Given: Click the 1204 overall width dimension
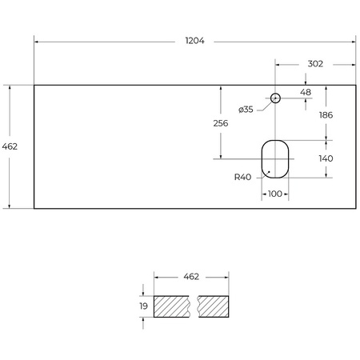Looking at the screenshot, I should click(194, 41).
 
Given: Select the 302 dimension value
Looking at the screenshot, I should click(315, 64).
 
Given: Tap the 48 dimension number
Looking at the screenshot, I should click(305, 92).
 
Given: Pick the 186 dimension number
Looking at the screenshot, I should click(326, 115).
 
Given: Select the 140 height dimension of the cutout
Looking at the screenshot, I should click(326, 158).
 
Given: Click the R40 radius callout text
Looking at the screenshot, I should click(243, 178).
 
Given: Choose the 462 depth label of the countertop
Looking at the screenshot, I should click(10, 146).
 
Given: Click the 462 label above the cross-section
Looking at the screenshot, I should click(190, 276).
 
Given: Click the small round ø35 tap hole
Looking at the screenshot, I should click(274, 98).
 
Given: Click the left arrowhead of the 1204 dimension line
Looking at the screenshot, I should click(36, 41).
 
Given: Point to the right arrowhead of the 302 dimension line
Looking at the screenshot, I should click(354, 64).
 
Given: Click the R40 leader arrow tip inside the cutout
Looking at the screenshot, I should click(270, 172).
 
